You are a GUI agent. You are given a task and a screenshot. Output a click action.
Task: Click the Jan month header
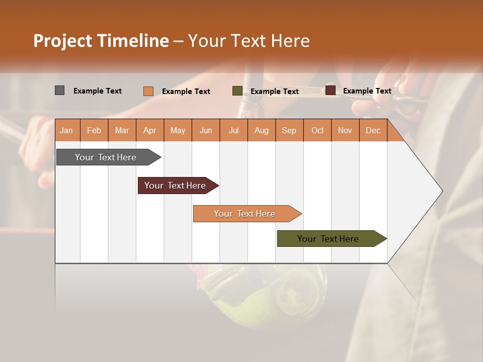(67, 131)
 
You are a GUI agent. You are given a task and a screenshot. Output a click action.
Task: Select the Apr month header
(150, 131)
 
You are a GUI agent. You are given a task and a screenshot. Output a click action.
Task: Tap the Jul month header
(234, 131)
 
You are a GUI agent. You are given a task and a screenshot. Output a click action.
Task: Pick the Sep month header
(289, 131)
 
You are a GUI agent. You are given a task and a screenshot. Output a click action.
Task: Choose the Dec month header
(373, 131)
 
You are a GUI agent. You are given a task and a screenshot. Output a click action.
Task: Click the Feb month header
(94, 131)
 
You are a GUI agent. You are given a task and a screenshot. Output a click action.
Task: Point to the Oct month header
(317, 131)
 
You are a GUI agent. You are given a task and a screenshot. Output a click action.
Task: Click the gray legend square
(59, 90)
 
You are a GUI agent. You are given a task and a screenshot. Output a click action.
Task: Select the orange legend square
(148, 91)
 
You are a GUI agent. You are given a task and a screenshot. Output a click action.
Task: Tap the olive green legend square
(237, 91)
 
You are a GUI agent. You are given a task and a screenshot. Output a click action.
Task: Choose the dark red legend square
(330, 90)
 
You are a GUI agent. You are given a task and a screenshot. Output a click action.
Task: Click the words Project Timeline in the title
(101, 41)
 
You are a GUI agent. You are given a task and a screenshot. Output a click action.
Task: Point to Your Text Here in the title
(249, 41)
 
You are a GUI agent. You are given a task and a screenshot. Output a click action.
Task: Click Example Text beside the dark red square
(367, 91)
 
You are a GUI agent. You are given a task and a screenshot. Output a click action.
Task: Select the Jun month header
(206, 131)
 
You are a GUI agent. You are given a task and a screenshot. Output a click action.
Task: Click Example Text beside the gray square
(98, 91)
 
